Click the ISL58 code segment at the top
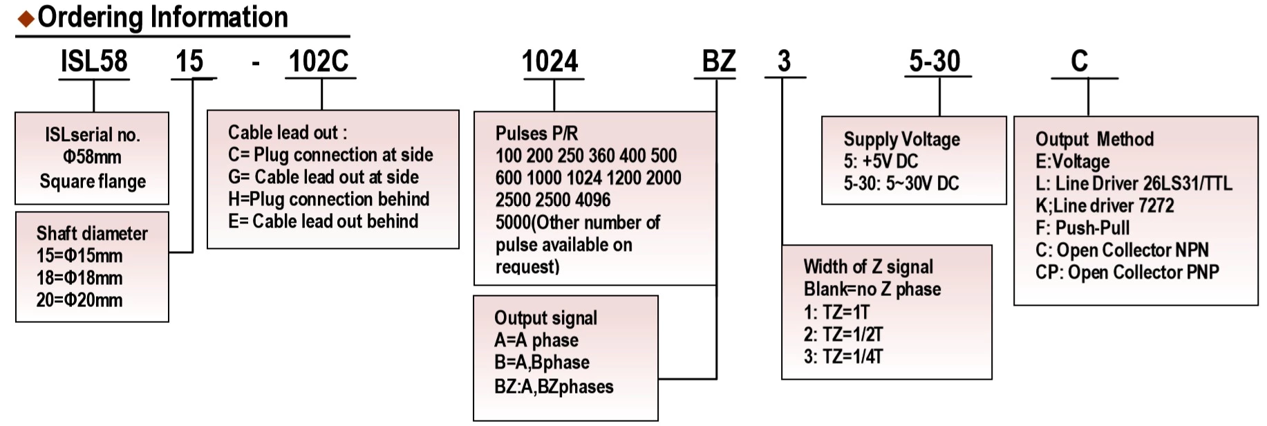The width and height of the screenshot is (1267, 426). (94, 62)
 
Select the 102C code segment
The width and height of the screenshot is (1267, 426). (318, 62)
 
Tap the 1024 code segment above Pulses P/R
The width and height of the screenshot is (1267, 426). (550, 62)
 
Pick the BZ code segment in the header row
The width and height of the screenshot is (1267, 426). (718, 62)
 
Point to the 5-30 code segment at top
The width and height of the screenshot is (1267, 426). (935, 62)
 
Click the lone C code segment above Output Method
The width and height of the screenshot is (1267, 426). (1079, 62)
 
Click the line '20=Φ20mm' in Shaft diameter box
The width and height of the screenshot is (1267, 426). (79, 300)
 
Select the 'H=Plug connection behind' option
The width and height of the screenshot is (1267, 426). (328, 199)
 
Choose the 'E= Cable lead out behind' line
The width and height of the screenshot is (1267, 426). (323, 221)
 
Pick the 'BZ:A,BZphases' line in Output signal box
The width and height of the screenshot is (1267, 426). (554, 387)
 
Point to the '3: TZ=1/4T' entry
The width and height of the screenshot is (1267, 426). (843, 357)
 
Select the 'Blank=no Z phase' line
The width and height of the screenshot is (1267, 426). (872, 289)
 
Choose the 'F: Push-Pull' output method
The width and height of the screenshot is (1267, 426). (1082, 228)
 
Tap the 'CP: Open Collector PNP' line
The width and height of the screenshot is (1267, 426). (1127, 272)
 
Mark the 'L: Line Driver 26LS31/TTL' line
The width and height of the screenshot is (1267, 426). (1134, 183)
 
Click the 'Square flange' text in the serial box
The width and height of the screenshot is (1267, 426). (93, 181)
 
